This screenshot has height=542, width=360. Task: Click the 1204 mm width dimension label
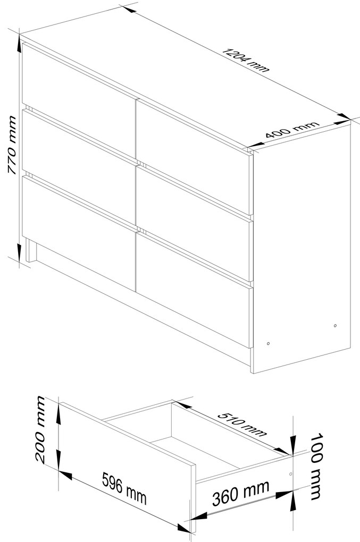(245, 60)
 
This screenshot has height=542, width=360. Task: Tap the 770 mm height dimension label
(12, 145)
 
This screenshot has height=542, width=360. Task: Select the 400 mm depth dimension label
(292, 130)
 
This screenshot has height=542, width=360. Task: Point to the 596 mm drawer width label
(124, 488)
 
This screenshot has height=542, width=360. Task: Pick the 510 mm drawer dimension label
(242, 424)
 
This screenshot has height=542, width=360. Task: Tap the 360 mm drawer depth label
(241, 493)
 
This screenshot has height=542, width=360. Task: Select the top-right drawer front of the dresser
(193, 157)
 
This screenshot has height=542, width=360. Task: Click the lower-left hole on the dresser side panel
(269, 344)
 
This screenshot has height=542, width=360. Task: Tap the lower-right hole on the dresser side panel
(335, 325)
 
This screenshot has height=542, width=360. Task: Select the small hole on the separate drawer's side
(290, 473)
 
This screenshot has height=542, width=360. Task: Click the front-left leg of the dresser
(31, 251)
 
